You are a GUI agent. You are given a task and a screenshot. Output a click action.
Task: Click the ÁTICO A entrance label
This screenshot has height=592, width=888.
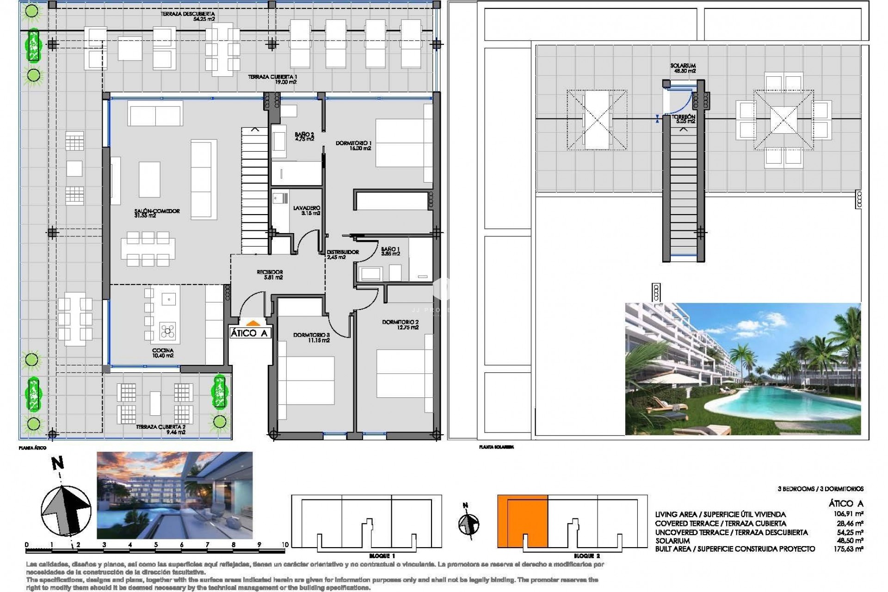point(249,333)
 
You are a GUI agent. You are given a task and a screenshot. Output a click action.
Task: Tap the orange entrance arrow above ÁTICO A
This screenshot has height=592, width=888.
point(252,323)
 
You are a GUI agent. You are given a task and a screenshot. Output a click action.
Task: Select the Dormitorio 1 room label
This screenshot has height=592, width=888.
point(353,146)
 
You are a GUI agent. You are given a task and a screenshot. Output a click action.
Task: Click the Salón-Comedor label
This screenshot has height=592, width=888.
point(156,213)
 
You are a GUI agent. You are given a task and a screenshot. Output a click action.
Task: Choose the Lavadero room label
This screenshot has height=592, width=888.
point(307,211)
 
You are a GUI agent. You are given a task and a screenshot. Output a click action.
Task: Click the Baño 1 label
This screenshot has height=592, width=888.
point(390,251)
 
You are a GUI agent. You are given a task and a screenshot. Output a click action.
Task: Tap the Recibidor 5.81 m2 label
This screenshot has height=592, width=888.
point(270,275)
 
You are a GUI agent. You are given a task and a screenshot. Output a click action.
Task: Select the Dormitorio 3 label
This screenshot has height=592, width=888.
point(311,338)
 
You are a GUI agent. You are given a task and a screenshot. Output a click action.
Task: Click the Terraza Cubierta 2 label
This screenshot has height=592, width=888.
point(160,430)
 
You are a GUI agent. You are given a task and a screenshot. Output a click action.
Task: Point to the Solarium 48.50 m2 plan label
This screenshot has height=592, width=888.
point(683,68)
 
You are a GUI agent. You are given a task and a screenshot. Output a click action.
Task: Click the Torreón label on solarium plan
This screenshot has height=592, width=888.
point(683,119)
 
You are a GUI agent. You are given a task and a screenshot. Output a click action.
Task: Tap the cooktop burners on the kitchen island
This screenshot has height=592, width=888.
point(167,330)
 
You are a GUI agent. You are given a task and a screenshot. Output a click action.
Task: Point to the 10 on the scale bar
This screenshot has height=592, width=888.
point(284,545)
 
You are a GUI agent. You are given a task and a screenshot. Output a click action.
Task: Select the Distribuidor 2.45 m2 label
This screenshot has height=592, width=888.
point(342,255)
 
